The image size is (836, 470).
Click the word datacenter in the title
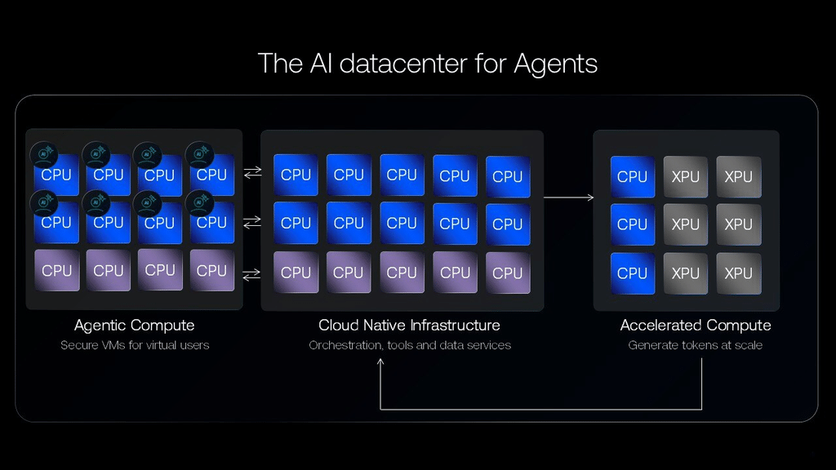point(403,64)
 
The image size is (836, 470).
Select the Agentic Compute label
point(135,325)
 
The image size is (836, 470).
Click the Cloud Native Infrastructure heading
point(410,325)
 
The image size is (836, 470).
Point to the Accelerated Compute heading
point(696,325)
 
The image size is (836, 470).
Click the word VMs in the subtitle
point(113,345)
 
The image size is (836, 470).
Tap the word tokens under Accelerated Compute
point(697,345)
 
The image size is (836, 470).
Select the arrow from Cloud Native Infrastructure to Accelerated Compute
point(569,197)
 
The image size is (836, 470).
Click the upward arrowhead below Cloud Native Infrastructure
point(380,362)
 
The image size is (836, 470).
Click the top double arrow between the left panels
point(253,172)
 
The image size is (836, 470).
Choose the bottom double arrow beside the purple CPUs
point(251,274)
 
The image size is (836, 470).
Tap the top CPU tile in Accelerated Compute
point(633,176)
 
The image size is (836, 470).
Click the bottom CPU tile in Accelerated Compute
point(633,273)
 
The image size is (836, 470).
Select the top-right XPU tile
point(738,176)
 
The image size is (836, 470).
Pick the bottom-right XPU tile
point(738,273)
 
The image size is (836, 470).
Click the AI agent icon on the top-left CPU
point(44,154)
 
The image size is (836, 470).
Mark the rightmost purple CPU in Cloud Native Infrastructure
point(508,273)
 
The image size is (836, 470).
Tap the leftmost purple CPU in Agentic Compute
point(56,270)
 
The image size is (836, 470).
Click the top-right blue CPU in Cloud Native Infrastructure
point(508,176)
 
